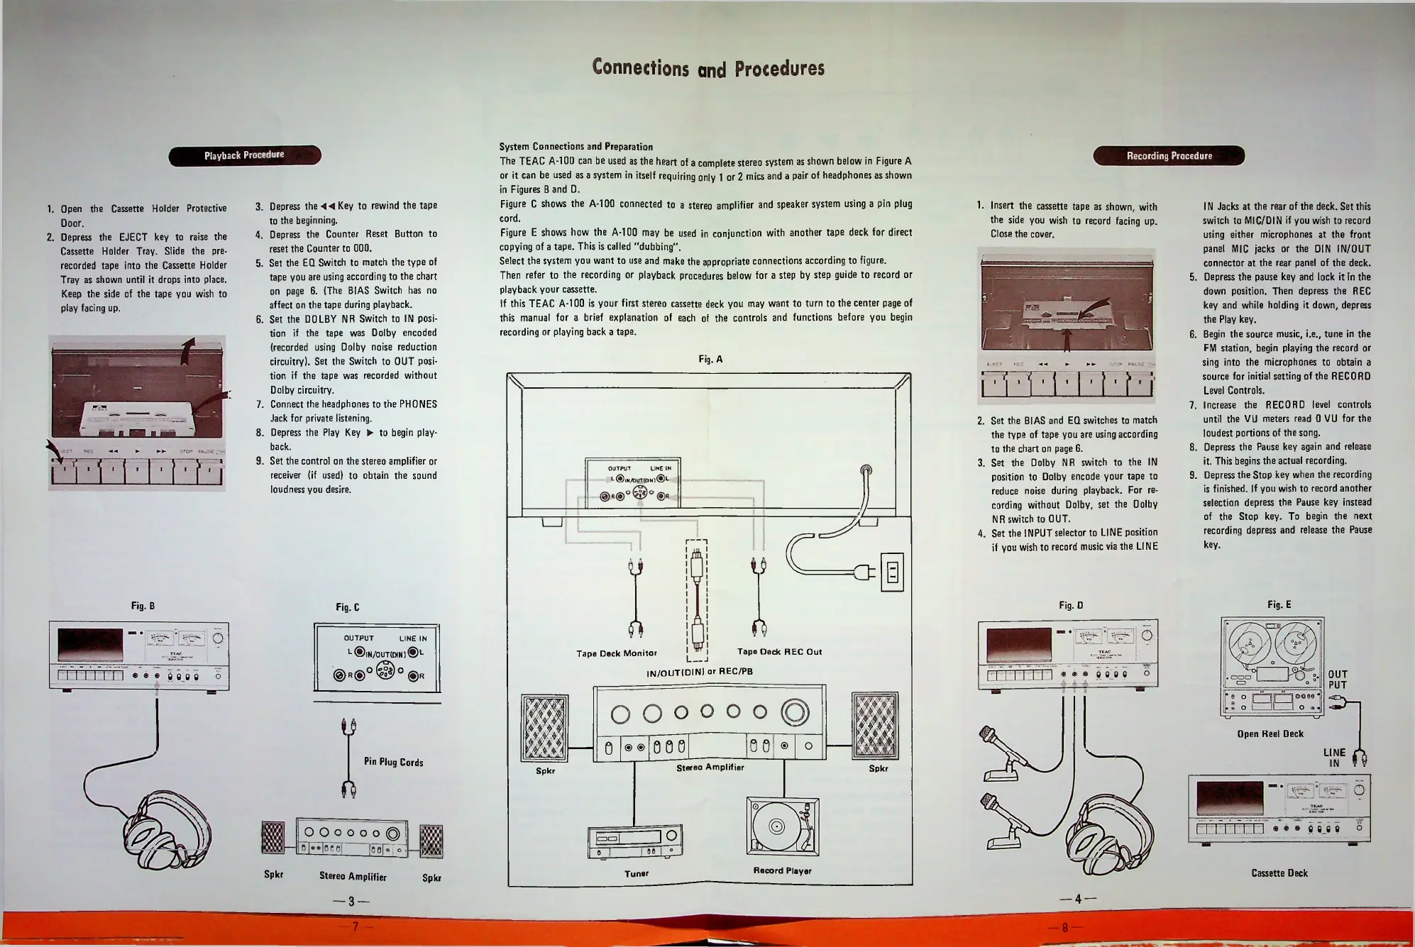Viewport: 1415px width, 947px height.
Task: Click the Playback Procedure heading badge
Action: [244, 155]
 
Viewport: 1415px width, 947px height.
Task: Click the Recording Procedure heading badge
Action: [1169, 156]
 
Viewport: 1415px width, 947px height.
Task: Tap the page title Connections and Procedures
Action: [708, 68]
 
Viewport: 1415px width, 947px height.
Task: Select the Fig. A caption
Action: [710, 360]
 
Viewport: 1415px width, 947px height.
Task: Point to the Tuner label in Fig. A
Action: [637, 873]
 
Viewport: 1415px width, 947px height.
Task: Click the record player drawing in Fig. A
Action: [782, 826]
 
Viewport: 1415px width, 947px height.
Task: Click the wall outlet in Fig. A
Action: [892, 572]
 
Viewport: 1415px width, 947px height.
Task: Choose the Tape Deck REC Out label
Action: [779, 652]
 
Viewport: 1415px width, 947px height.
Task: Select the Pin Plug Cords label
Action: [393, 762]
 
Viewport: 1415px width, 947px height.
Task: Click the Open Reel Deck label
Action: [1270, 733]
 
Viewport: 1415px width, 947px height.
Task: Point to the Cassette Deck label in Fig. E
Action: [1279, 873]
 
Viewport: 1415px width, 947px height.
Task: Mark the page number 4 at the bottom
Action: [1077, 899]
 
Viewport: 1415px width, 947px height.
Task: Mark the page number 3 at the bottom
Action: [351, 902]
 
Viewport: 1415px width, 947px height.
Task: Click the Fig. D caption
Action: [1071, 605]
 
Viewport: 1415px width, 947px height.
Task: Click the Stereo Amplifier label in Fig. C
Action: [353, 877]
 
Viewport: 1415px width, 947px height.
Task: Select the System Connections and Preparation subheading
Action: [576, 147]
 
